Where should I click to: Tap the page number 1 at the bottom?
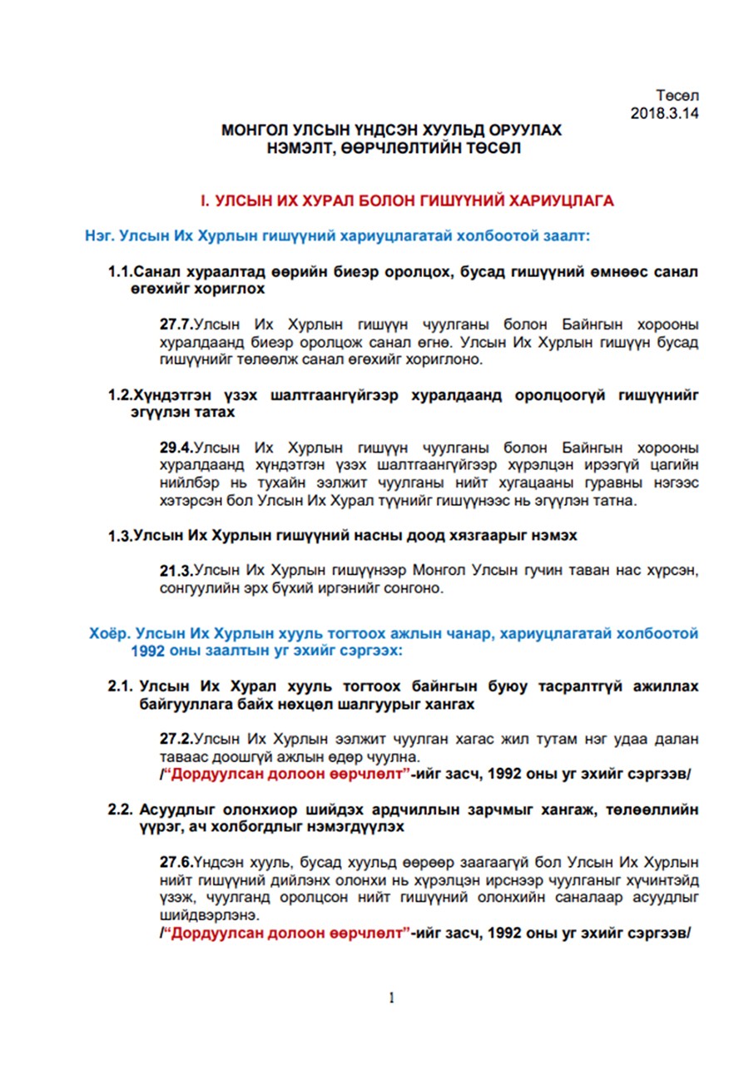tap(390, 998)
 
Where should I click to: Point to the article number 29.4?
tap(176, 447)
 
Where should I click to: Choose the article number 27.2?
tap(176, 739)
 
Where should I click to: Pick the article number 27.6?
tap(176, 861)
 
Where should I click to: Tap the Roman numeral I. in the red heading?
tap(205, 201)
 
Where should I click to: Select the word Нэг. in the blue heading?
tap(99, 236)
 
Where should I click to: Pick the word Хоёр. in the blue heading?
tap(110, 633)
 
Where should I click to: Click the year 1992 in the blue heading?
tap(147, 651)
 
